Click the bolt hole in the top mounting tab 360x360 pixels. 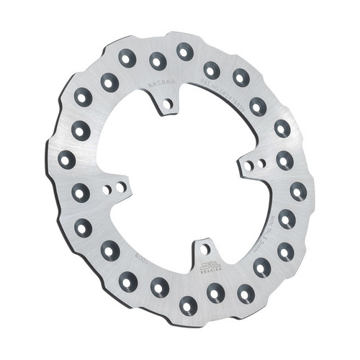[x=167, y=104]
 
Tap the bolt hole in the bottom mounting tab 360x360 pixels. [x=204, y=249]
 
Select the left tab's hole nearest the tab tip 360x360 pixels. [x=121, y=186]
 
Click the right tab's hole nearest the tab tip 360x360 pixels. [x=248, y=166]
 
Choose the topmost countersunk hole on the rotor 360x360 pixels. [x=184, y=51]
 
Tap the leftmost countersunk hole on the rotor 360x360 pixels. [x=67, y=159]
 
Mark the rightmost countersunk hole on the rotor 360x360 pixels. [x=298, y=192]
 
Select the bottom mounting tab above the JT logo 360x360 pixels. [x=203, y=251]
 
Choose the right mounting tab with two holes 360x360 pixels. [x=254, y=165]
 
